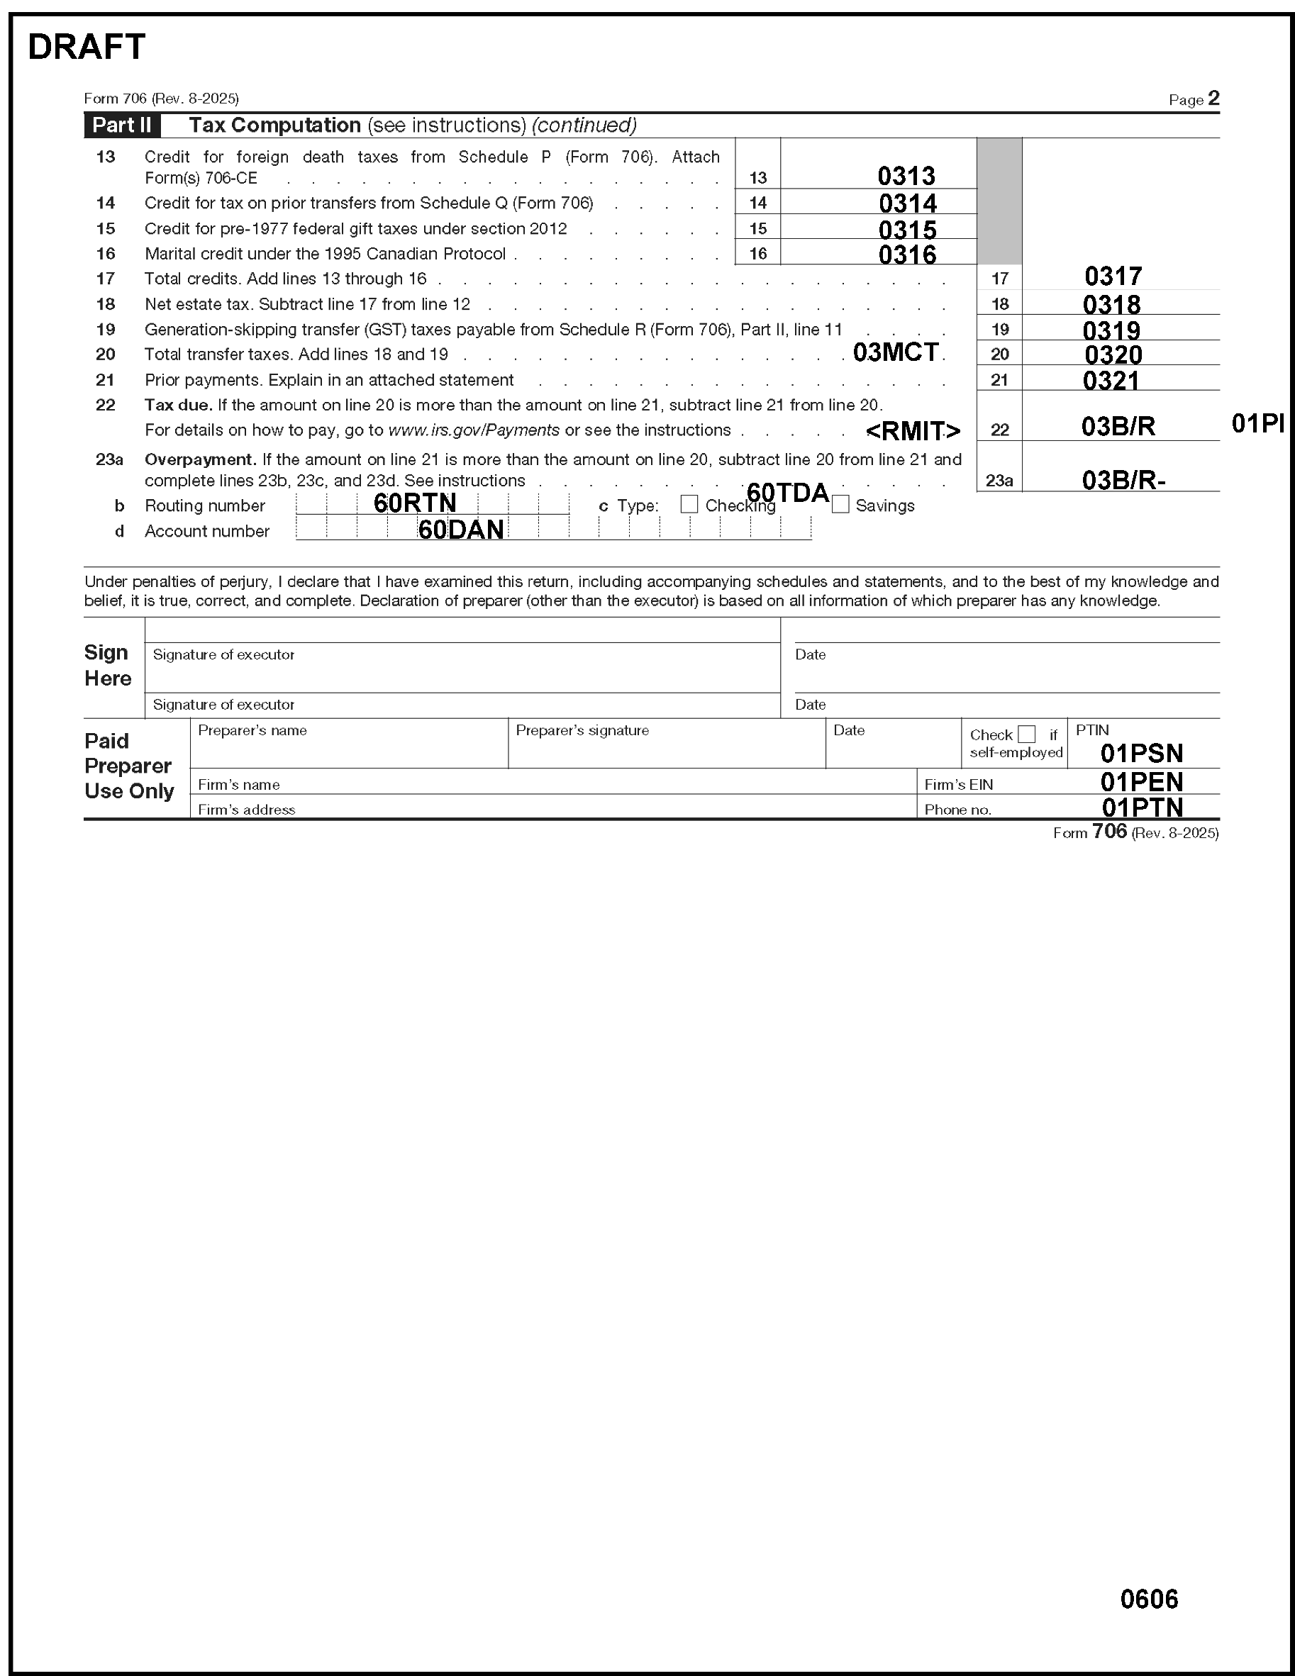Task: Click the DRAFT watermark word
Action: (x=86, y=48)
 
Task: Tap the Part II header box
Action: (x=122, y=125)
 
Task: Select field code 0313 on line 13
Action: (x=906, y=176)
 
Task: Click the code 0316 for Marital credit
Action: (x=906, y=254)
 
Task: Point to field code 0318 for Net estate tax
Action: (x=1111, y=305)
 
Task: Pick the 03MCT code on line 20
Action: (x=895, y=352)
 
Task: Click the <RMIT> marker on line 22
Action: (x=912, y=431)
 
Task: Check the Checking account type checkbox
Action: (x=689, y=504)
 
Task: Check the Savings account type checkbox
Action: (x=840, y=504)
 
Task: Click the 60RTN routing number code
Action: (x=414, y=503)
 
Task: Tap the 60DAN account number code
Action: (x=460, y=530)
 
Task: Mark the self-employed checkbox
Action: (x=1026, y=734)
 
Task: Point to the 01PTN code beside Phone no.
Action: (x=1142, y=808)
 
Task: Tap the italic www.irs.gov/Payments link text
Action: (x=474, y=430)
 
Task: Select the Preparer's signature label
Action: (x=582, y=730)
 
